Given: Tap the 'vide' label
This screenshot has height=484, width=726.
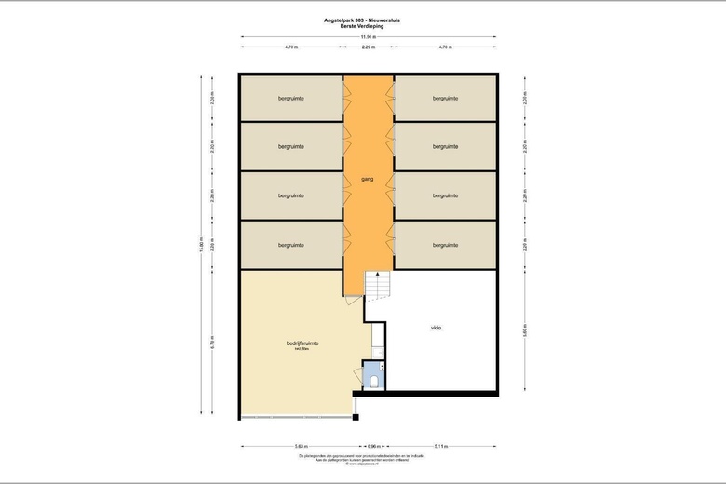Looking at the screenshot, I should coord(436,328).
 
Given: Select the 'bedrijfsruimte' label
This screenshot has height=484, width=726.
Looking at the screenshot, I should coord(302,343).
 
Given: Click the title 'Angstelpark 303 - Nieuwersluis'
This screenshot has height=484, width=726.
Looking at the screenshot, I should coord(369,19).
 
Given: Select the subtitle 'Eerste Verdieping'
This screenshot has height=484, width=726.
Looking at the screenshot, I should coord(369,26).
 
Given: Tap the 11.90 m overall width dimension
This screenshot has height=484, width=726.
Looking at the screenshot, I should coord(369,37).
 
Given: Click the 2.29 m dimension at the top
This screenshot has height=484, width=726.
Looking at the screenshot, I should coord(369,46).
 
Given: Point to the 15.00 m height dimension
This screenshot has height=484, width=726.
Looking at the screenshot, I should coord(200,247).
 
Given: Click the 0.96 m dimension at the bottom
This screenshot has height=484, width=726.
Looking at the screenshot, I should coord(372,446).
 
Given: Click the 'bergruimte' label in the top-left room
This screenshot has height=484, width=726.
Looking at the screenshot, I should coord(291,98).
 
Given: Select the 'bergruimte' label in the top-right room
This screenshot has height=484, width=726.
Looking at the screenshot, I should coord(445,98).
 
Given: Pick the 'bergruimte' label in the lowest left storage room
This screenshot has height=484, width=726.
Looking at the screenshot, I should coord(291,245).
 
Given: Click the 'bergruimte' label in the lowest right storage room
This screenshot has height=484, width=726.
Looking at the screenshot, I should coord(445,245).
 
